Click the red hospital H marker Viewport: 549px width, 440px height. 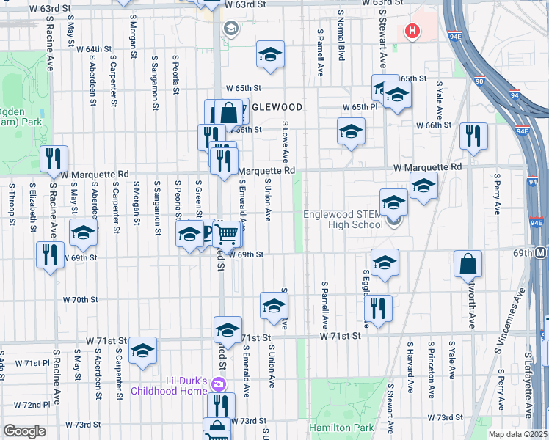pyautogui.click(x=412, y=32)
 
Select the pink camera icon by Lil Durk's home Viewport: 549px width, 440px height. pyautogui.click(x=218, y=384)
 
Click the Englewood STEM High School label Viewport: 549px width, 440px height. pyautogui.click(x=343, y=219)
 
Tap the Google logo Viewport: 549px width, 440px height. pyautogui.click(x=24, y=431)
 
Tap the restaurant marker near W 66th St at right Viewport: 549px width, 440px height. pyautogui.click(x=473, y=136)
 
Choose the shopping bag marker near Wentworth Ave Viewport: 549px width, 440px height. pyautogui.click(x=468, y=264)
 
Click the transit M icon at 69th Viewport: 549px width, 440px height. pyautogui.click(x=542, y=252)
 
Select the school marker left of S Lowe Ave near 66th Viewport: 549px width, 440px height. pyautogui.click(x=351, y=131)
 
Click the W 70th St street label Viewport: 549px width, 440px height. pyautogui.click(x=80, y=300)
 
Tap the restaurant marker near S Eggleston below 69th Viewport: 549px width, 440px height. pyautogui.click(x=379, y=308)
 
